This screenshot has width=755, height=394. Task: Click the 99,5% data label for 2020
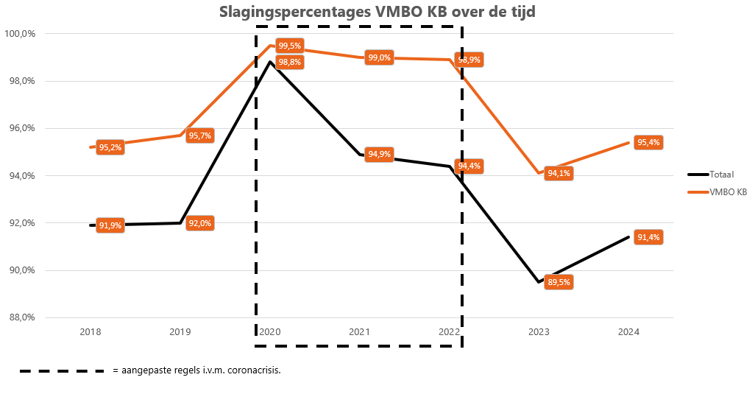[x=289, y=46]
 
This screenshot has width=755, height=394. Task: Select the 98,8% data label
[x=289, y=62]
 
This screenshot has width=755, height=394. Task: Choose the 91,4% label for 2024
[x=648, y=237]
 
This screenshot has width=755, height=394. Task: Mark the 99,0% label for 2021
[x=379, y=57]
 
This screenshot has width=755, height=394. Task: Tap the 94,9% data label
[x=379, y=155]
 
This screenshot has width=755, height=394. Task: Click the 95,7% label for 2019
[x=199, y=136]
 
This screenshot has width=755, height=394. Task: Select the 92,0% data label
[x=199, y=223]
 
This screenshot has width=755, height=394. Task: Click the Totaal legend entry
[x=722, y=175]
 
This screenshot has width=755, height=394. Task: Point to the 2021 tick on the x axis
[x=359, y=332]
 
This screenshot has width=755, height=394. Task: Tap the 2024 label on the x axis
[x=628, y=332]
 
